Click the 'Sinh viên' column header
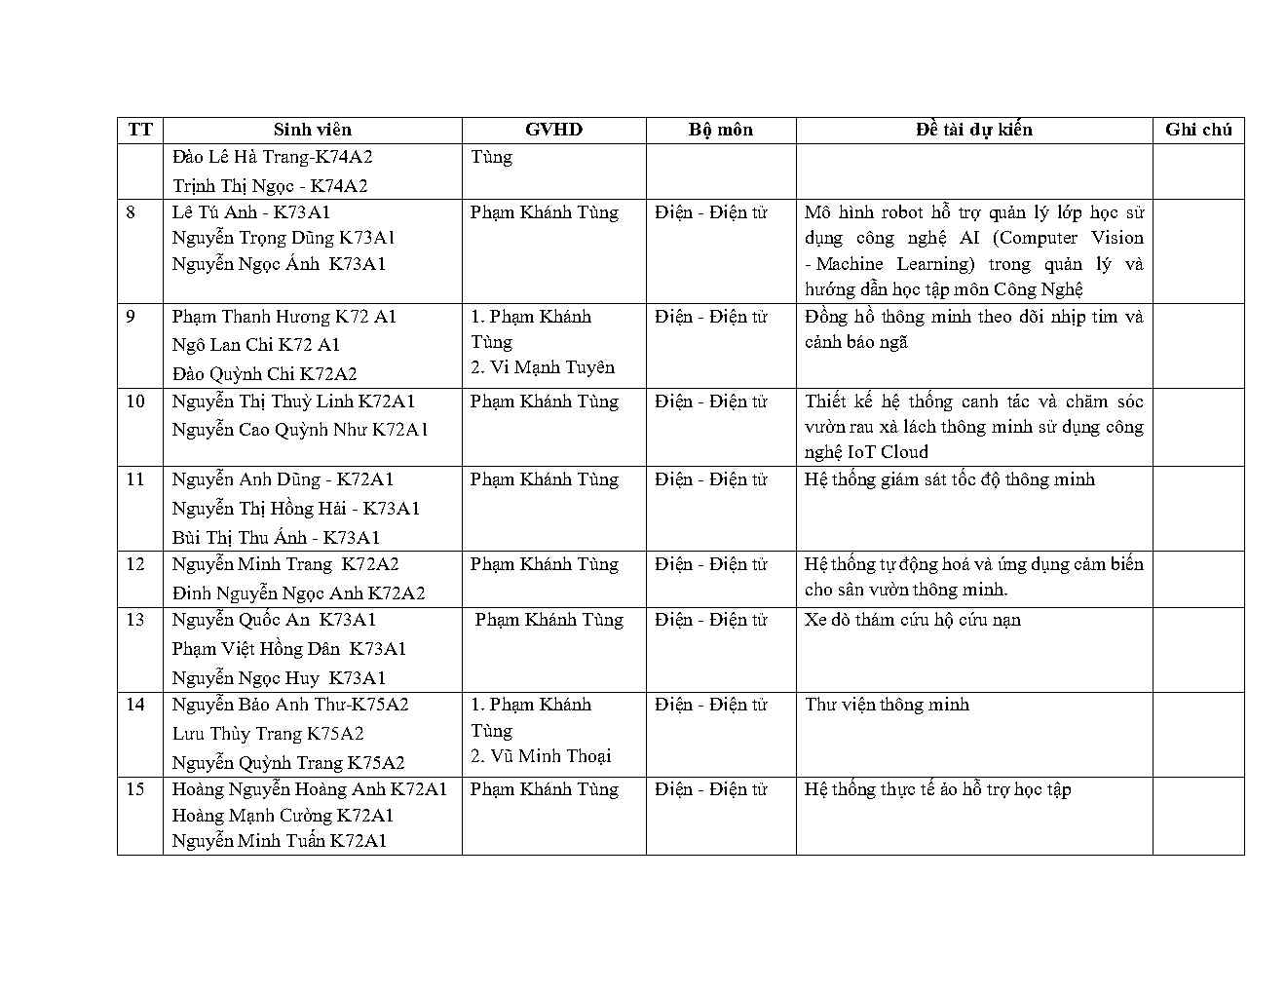(312, 130)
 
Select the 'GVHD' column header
(553, 130)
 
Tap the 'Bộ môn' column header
(720, 130)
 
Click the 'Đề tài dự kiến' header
(973, 130)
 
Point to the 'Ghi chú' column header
(1197, 130)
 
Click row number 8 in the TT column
(132, 212)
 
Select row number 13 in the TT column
(135, 620)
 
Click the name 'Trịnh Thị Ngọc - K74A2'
(270, 185)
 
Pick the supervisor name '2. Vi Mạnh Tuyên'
(543, 367)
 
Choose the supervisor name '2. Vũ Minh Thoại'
(541, 756)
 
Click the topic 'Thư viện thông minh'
(887, 705)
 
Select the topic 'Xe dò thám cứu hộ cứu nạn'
(913, 620)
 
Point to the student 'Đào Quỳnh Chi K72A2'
(264, 373)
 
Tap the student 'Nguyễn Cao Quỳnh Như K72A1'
(300, 430)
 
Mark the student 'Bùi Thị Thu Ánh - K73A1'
(276, 537)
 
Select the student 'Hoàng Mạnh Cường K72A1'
(283, 816)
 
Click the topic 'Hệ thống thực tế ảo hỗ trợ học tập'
(937, 789)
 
